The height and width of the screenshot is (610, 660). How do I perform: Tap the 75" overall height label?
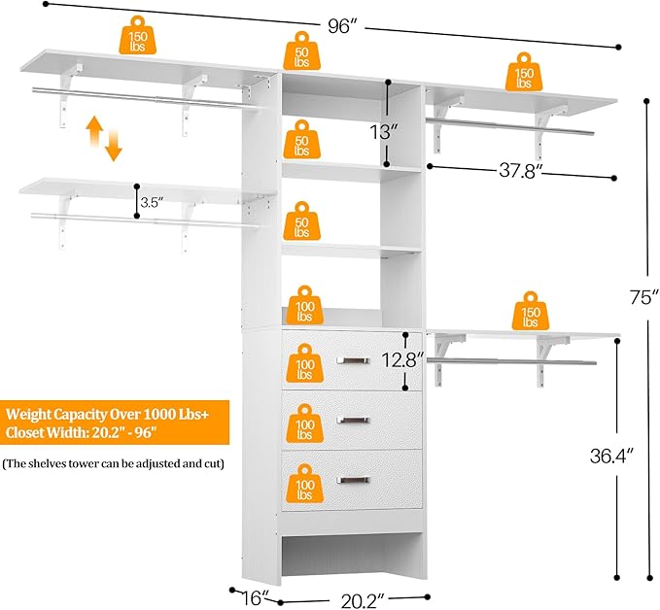point(637,299)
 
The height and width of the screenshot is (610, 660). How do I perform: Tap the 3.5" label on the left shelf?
point(151,203)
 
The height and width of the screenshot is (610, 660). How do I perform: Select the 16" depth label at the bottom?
point(255,597)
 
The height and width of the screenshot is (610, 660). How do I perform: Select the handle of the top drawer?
point(352,361)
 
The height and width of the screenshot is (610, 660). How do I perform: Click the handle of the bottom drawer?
point(352,479)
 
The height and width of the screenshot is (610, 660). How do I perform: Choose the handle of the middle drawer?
point(352,420)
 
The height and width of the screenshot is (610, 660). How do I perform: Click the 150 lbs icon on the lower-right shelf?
point(530,310)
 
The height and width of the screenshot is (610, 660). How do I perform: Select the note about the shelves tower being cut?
point(114,464)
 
